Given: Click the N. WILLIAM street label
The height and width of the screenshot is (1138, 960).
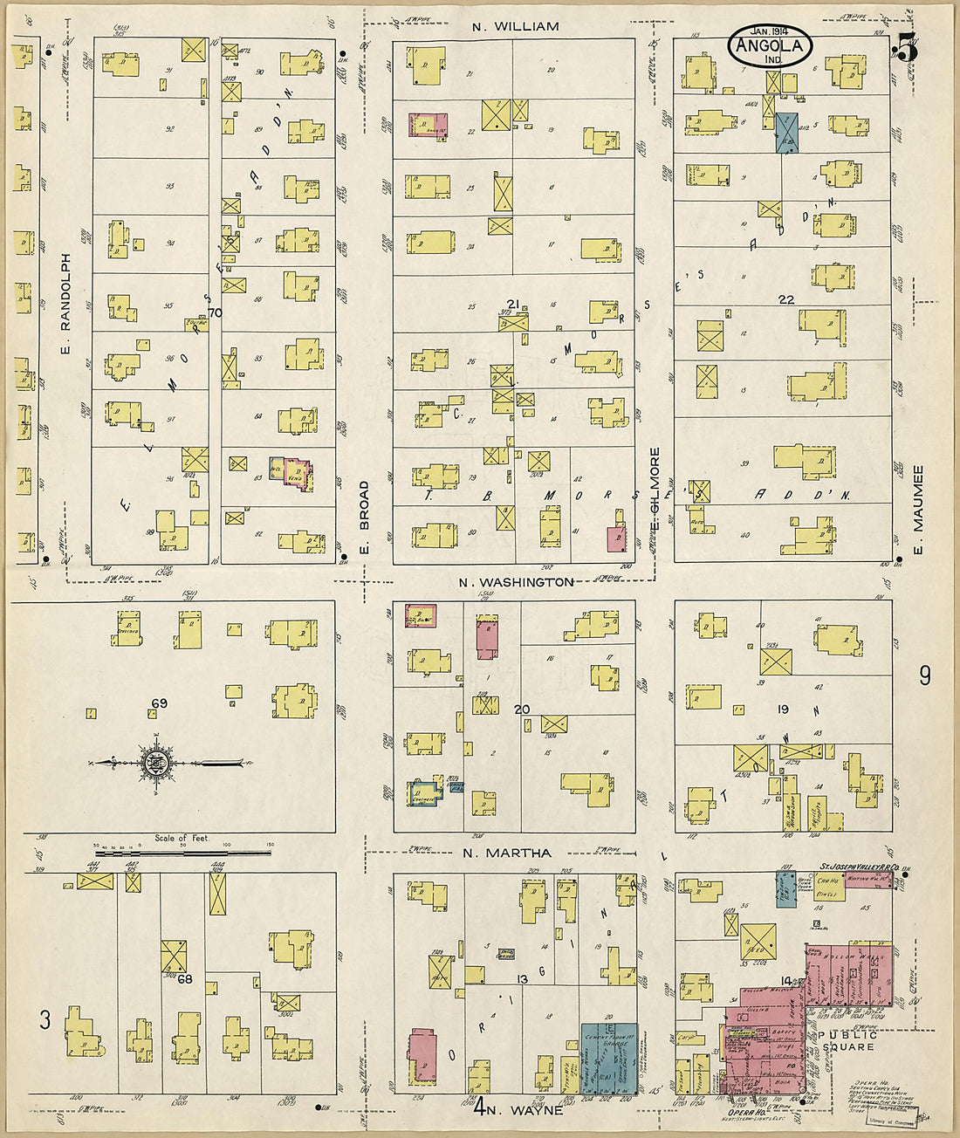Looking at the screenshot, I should [x=515, y=26].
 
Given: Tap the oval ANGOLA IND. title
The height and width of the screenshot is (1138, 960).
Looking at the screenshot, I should [x=770, y=49].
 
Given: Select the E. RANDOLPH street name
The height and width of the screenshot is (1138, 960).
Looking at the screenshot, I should [x=65, y=303].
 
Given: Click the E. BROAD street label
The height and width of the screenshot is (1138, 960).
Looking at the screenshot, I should [x=365, y=517].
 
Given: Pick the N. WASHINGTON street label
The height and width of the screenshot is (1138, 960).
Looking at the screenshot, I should [x=517, y=581].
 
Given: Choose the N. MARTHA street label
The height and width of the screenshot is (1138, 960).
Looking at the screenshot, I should [x=506, y=853].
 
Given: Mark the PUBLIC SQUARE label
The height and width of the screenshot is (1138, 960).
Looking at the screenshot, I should [x=847, y=1040].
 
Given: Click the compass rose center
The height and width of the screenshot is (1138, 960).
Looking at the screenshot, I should [x=157, y=764].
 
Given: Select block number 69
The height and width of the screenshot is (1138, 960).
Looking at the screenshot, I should [x=159, y=703].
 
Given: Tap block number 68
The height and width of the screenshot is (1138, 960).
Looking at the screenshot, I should [x=185, y=979].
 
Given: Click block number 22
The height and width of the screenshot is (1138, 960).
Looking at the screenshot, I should [x=786, y=299].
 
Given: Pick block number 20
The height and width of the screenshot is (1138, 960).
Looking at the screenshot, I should [x=521, y=710].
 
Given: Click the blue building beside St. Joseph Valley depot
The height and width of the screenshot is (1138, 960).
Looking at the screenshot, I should [x=785, y=888].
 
